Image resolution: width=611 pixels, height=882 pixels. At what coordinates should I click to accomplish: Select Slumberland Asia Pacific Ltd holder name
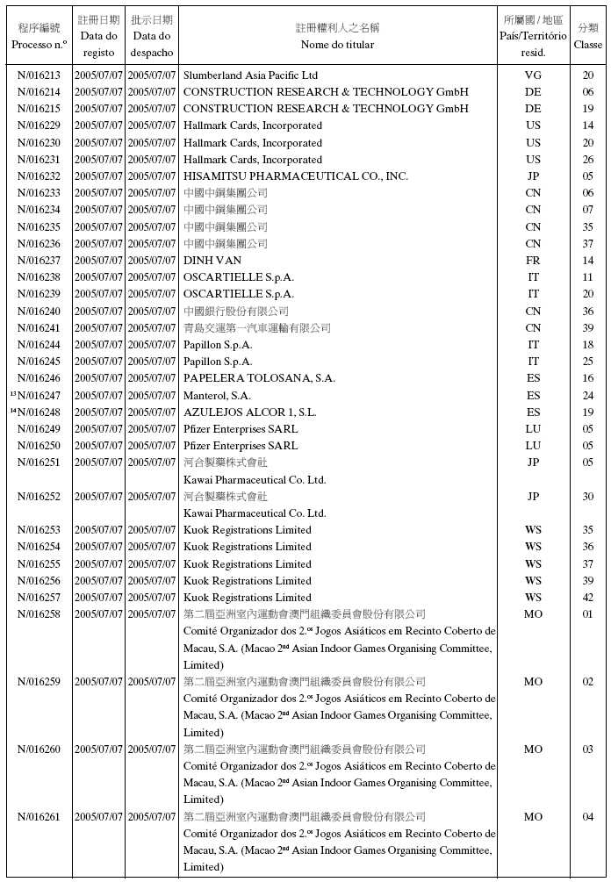(250, 75)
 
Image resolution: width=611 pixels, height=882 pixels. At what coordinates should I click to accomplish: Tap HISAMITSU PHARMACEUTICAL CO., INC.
(295, 176)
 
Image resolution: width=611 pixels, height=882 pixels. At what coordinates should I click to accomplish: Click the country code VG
(533, 75)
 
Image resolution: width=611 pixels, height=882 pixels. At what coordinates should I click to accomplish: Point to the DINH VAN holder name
(212, 261)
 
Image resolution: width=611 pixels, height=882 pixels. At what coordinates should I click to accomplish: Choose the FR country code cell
(533, 261)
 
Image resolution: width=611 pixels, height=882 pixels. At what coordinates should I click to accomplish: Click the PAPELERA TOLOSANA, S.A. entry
(259, 378)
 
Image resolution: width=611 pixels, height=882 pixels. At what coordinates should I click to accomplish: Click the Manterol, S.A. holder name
(217, 396)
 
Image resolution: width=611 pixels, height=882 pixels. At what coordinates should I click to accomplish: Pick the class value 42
(588, 598)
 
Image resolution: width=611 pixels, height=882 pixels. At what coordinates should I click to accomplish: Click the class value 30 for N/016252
(588, 497)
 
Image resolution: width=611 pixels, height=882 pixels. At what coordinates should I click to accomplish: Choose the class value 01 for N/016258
(588, 614)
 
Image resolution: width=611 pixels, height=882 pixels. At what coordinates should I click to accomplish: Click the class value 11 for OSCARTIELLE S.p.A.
(588, 277)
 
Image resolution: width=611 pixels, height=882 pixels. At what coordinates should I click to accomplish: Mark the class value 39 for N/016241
(588, 328)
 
